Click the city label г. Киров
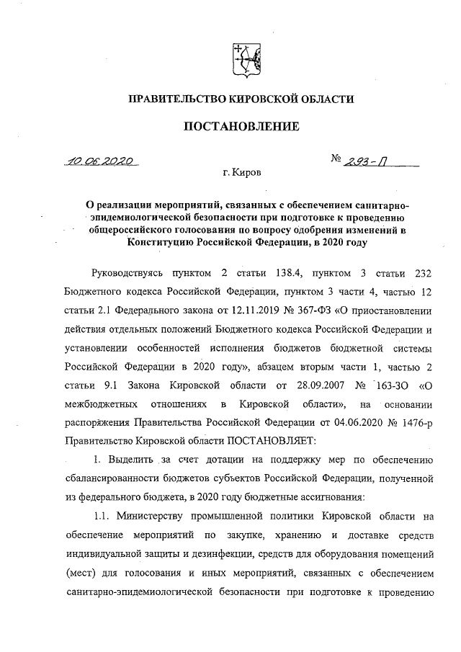[243, 174]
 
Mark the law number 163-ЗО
[383, 385]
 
